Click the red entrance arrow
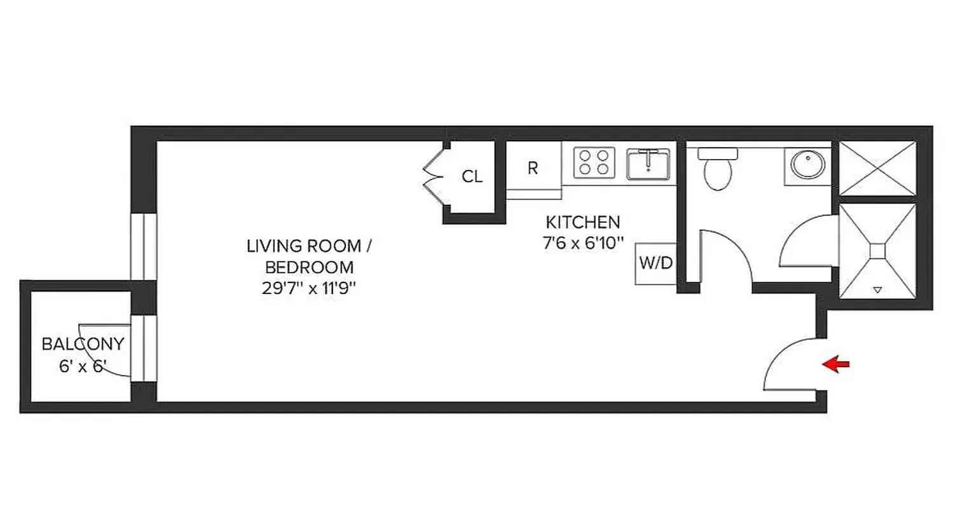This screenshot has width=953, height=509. tap(836, 365)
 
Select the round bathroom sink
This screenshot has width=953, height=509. tap(807, 165)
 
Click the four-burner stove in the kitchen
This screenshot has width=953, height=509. tap(594, 162)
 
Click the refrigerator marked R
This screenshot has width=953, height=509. tap(533, 169)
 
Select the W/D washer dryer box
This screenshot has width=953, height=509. tap(655, 263)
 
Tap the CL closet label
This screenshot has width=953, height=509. tap(472, 177)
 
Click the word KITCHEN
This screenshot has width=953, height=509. tap(582, 223)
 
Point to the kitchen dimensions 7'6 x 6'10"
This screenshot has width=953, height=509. tap(582, 242)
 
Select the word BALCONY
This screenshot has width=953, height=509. tap(83, 345)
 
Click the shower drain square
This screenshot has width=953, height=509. tap(877, 251)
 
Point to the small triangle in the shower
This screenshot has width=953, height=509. tap(877, 290)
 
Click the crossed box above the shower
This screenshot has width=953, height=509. tap(877, 169)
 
